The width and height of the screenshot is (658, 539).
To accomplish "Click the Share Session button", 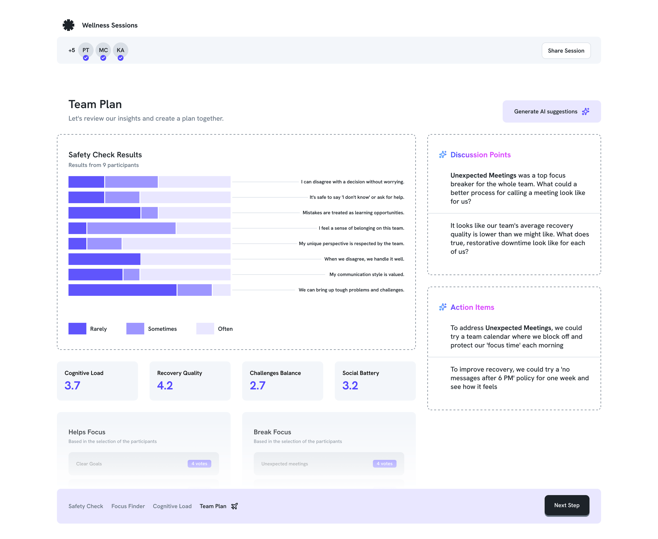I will click(x=566, y=51).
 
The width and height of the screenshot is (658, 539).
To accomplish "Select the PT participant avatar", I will click(x=86, y=50).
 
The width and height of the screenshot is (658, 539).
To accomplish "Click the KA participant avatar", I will click(x=120, y=50).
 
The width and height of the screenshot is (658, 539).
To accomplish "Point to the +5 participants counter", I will click(x=72, y=50).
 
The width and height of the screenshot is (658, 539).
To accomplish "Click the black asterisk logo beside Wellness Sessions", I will click(x=69, y=25).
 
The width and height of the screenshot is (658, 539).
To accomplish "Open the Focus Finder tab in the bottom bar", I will click(x=128, y=506).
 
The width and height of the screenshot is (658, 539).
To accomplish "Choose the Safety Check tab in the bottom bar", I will click(x=86, y=506).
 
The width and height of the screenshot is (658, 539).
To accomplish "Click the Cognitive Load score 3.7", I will click(x=72, y=385).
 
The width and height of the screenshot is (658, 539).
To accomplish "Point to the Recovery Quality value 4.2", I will click(x=165, y=385).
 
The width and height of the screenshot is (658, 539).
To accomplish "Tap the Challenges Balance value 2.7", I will click(x=257, y=385).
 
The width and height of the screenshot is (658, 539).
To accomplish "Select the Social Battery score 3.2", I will click(x=350, y=385).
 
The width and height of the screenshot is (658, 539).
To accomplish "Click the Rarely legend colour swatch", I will click(x=77, y=329).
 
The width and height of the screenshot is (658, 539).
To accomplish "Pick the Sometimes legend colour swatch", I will click(x=135, y=329).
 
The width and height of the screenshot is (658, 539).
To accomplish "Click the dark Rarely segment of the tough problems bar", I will click(x=122, y=290).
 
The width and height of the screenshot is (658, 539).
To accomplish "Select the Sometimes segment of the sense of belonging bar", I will click(x=131, y=228).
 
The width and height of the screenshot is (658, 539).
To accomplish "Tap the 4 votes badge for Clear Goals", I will click(x=199, y=463).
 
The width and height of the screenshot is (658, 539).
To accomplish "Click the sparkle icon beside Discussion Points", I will click(x=443, y=155).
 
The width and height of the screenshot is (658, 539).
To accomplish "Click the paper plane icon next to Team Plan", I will click(x=234, y=506).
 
